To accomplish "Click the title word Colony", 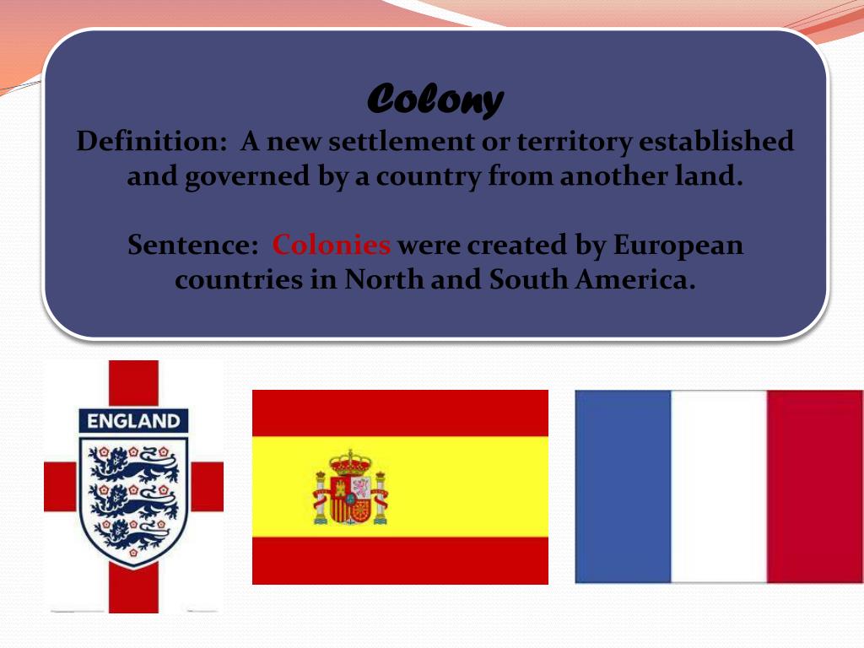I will pos(435,100).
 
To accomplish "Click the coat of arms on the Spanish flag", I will pos(350,488).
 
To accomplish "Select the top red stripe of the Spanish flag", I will pos(400,412).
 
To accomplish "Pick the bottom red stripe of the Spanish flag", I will pos(400,560).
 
